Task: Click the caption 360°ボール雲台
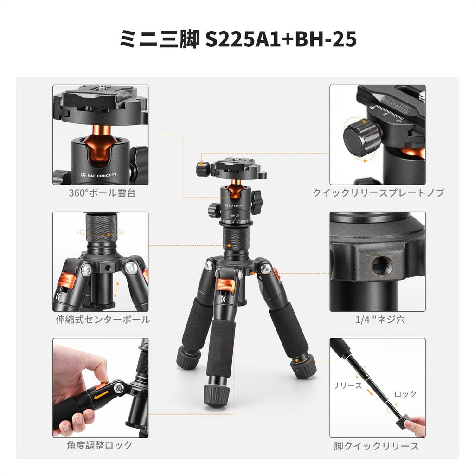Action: pyautogui.click(x=102, y=193)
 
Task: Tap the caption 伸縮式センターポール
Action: pyautogui.click(x=103, y=320)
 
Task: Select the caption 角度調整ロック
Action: pyautogui.click(x=99, y=445)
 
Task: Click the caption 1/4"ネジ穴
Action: pyautogui.click(x=376, y=320)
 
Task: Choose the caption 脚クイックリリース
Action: pyautogui.click(x=376, y=446)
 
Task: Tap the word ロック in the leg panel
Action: pyautogui.click(x=405, y=394)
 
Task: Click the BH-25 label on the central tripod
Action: pyautogui.click(x=236, y=215)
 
